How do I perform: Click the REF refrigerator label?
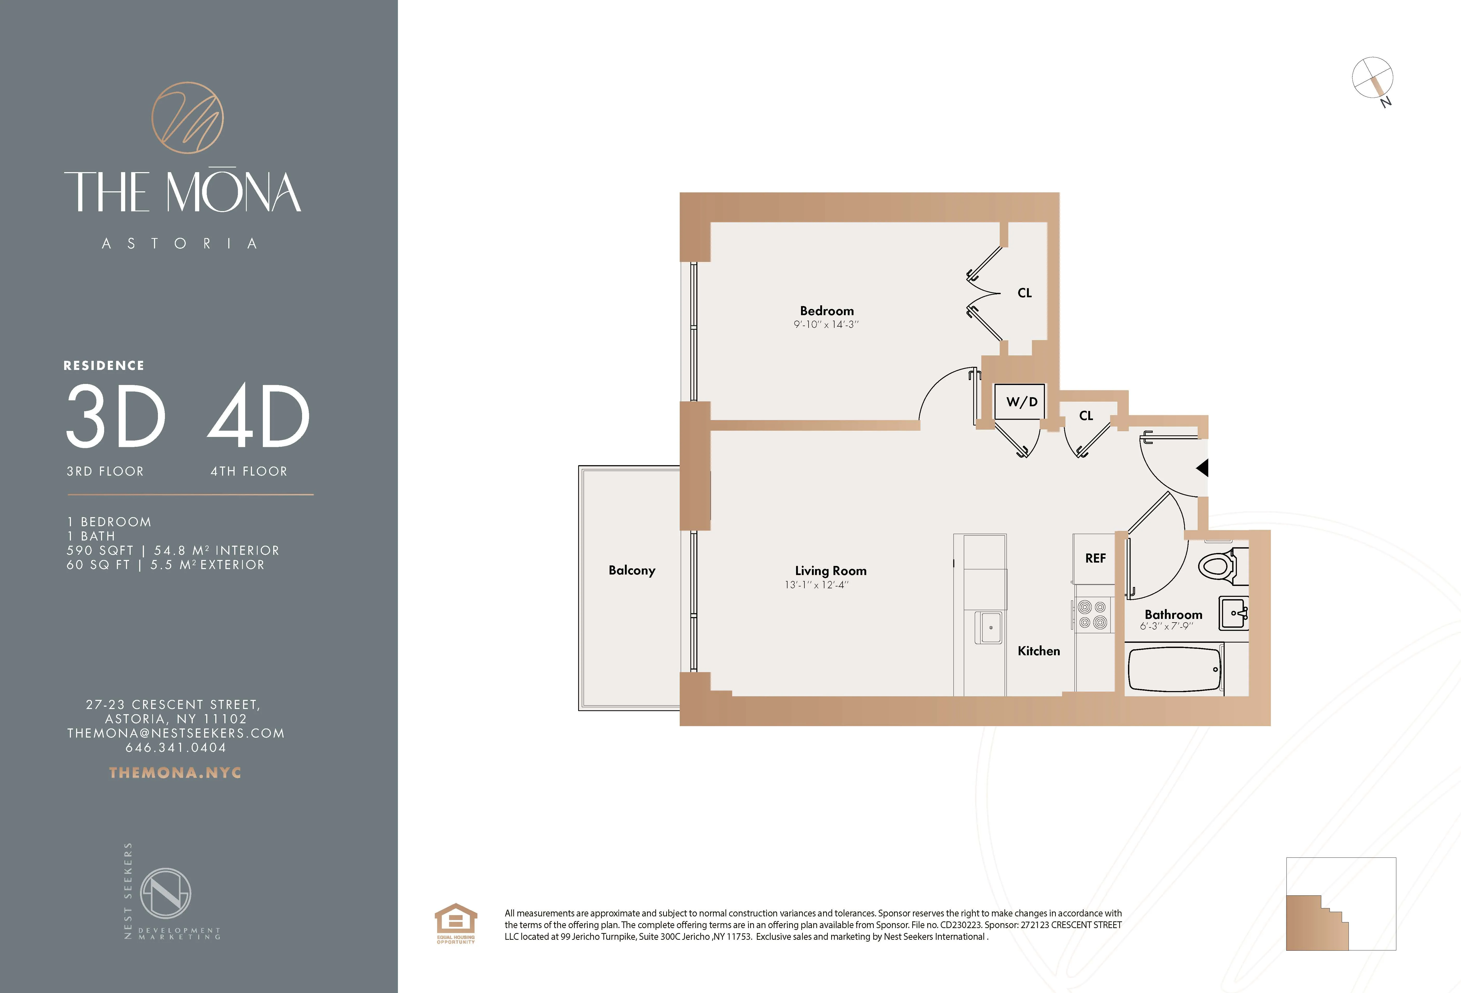point(1095,558)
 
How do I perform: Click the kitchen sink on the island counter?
point(988,627)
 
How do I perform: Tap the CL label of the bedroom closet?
point(1025,293)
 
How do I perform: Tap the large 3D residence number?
point(116,417)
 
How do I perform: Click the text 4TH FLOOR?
point(249,471)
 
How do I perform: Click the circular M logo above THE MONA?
point(187,118)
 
